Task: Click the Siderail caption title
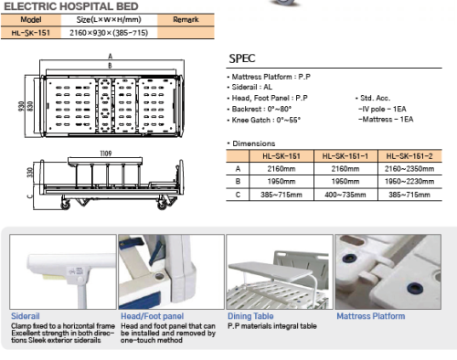pyautogui.click(x=25, y=315)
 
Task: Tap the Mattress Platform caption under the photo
pyautogui.click(x=370, y=315)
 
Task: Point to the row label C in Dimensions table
pyautogui.click(x=239, y=195)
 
